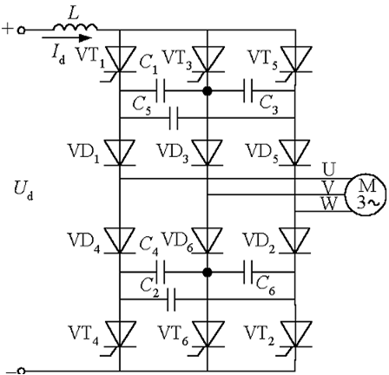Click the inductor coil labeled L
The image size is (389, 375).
click(75, 27)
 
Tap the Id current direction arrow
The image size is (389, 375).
click(67, 37)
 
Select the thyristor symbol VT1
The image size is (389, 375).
click(120, 62)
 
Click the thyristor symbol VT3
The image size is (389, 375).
click(208, 62)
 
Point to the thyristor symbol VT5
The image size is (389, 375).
click(295, 62)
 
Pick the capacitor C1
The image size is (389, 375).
click(161, 91)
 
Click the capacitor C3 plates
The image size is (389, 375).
click(248, 91)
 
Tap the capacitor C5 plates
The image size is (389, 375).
click(174, 118)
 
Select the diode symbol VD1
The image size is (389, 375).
click(120, 153)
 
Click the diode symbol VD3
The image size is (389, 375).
click(208, 153)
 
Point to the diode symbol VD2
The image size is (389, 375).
click(295, 240)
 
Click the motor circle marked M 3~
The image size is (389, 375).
click(366, 194)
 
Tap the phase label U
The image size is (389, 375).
click(329, 170)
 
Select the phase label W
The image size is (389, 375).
click(329, 204)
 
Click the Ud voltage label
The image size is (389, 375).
click(23, 190)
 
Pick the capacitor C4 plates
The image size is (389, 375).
click(161, 273)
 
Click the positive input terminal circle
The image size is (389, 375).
click(21, 30)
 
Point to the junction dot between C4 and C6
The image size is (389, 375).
click(208, 273)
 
